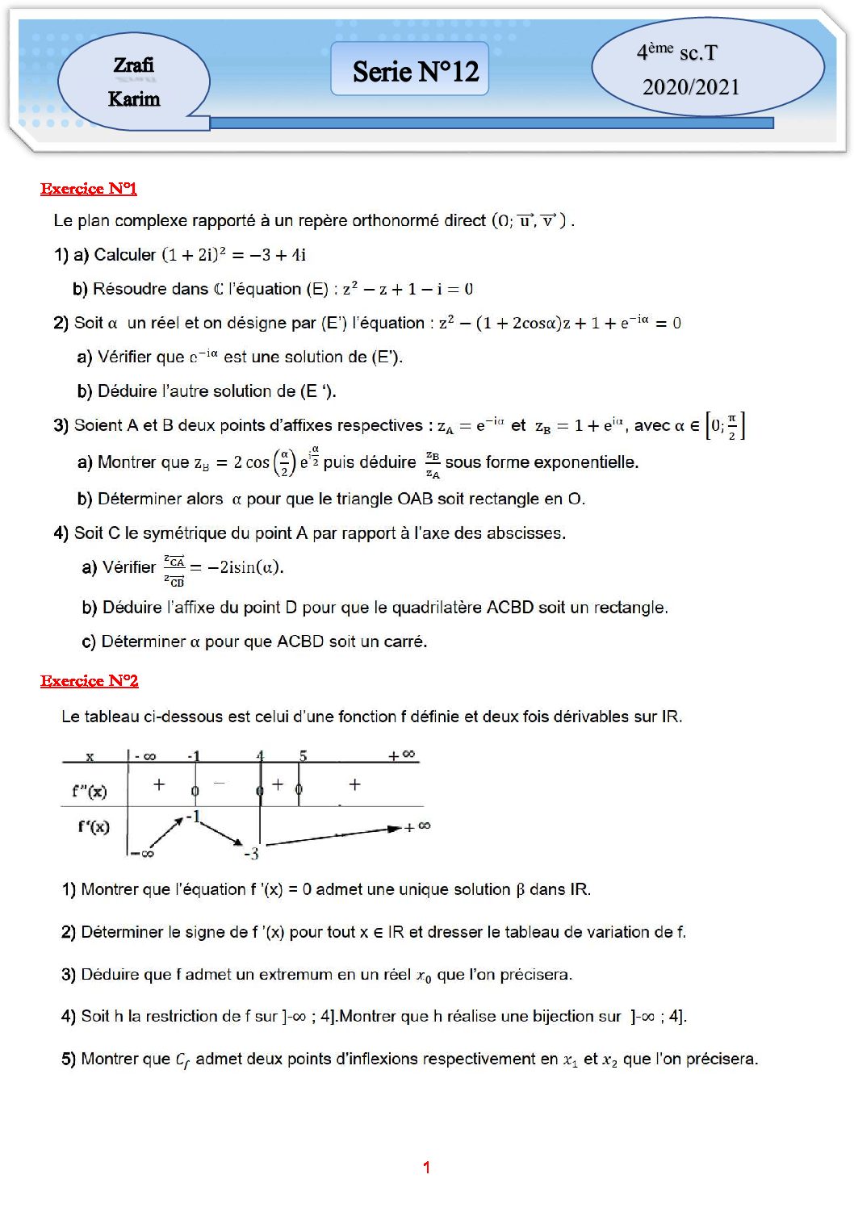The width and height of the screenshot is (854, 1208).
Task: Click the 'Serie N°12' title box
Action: [x=415, y=71]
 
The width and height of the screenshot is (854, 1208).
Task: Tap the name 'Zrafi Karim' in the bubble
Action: [x=134, y=82]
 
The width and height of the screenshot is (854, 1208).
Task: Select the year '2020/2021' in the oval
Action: [x=691, y=87]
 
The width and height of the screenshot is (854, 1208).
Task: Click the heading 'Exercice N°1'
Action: [x=89, y=189]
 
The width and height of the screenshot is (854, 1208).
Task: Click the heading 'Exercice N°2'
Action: [x=90, y=681]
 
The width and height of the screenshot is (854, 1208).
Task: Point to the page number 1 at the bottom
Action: [x=426, y=1167]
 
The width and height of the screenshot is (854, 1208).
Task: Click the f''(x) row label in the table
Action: [x=89, y=791]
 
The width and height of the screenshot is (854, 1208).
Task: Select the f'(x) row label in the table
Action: [x=94, y=826]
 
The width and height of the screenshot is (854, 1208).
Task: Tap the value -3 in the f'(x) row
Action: [x=251, y=854]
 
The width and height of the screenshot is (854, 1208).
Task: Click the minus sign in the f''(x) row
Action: [x=219, y=783]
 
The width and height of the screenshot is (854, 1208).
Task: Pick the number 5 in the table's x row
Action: [x=303, y=756]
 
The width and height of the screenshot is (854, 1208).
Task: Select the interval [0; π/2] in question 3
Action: [x=725, y=425]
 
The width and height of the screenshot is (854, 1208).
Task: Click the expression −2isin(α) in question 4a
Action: [x=245, y=567]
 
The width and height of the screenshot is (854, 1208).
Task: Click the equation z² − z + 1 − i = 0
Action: [x=408, y=289]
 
